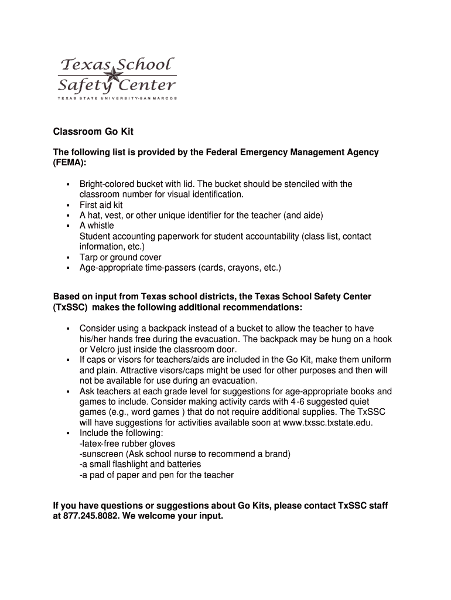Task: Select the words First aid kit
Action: (101, 205)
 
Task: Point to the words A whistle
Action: (97, 226)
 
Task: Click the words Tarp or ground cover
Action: (121, 257)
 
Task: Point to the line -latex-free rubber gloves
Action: (127, 444)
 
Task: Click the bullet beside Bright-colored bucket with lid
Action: (69, 184)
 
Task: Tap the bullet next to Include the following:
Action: (69, 433)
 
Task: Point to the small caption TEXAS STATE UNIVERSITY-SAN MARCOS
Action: (117, 97)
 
